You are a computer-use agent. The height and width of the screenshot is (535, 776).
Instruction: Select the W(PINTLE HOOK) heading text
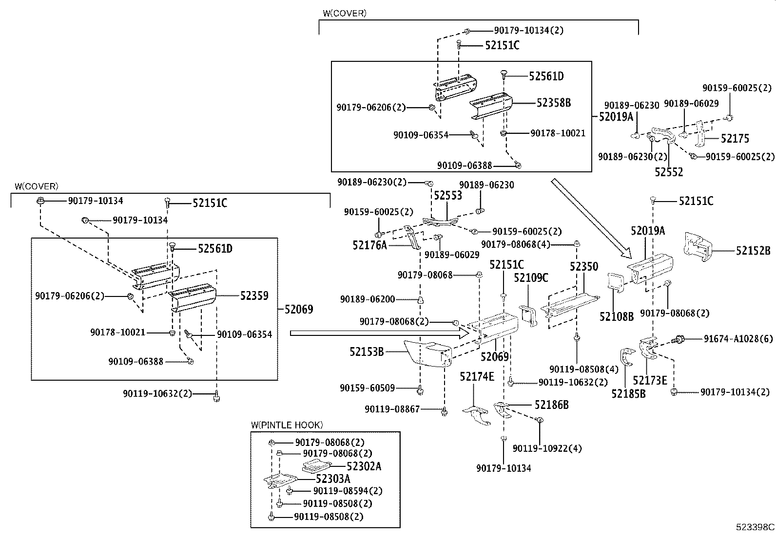tap(287, 425)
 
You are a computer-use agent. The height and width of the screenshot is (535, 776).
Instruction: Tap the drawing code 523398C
tap(755, 527)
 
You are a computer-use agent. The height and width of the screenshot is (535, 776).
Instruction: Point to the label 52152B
tap(753, 251)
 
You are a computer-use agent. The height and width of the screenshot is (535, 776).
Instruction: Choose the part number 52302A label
tap(364, 467)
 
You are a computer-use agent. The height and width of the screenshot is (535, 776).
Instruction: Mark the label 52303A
tap(333, 479)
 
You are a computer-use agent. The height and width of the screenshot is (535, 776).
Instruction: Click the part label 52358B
tap(554, 103)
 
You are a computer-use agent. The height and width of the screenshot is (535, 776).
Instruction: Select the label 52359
tap(254, 295)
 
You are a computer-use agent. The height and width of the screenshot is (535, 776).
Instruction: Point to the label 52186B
tap(551, 405)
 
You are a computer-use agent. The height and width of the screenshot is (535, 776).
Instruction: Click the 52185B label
tap(628, 393)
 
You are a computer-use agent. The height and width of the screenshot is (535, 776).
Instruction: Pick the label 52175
tap(735, 139)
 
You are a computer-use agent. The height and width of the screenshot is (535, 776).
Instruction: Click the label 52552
tap(669, 172)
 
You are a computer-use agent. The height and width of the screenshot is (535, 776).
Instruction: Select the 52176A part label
tap(369, 245)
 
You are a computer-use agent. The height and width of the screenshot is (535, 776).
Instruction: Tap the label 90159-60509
tap(368, 388)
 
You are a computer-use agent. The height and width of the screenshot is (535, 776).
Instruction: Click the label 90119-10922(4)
tap(547, 448)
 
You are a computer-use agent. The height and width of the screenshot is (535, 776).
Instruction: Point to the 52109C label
tap(531, 278)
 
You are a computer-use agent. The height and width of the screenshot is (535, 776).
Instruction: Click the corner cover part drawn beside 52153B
tap(422, 353)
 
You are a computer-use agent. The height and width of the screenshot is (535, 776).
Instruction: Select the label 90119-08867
tap(392, 409)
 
